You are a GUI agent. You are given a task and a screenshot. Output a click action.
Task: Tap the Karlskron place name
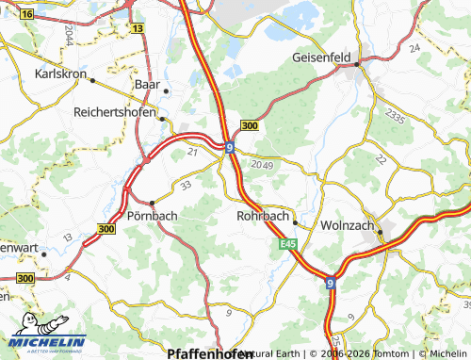coord(59,73)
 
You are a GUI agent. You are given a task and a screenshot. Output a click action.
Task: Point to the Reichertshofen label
coord(114,111)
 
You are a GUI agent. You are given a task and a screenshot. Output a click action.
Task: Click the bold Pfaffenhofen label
coord(201,353)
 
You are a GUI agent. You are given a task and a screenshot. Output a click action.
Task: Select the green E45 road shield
coord(288,245)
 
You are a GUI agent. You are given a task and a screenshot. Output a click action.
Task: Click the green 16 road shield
coord(25,15)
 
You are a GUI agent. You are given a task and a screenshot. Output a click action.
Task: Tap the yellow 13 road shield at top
coord(138,29)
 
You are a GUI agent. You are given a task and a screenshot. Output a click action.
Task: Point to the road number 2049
coord(262,165)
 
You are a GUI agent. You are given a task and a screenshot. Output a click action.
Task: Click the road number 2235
coord(398,117)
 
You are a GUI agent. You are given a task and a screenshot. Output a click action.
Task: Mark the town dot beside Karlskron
coord(92,80)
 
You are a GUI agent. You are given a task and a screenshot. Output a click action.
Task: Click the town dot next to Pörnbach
coord(152,203)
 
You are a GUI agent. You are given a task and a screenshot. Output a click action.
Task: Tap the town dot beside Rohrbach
coord(295,223)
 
